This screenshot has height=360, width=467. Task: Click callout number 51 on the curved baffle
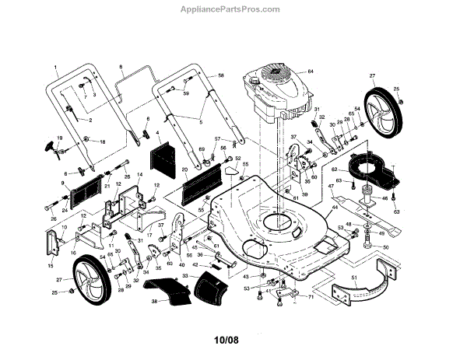pos(355,277)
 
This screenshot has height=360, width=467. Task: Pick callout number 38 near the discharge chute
pos(154,300)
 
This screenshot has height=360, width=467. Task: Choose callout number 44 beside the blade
pos(335,208)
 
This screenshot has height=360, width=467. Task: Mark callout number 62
pos(333,168)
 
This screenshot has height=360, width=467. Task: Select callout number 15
pos(51,265)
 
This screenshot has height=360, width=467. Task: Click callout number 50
pos(384,247)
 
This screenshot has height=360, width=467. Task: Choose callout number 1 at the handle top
pos(57,68)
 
